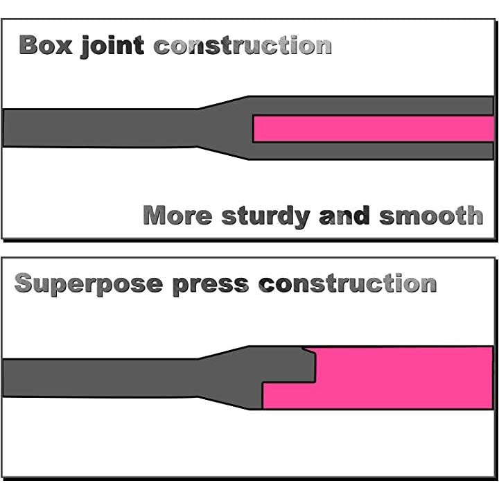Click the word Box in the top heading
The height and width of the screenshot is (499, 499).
coord(46,46)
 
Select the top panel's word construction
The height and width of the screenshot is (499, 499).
coord(242,46)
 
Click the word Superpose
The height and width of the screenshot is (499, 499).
coord(88,283)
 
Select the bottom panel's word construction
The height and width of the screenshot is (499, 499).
coord(347,283)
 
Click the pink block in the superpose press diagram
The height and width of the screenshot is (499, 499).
coord(402,378)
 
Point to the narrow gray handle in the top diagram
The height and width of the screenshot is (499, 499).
coord(97,127)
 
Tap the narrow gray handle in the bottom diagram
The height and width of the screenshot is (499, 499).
coord(97,378)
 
